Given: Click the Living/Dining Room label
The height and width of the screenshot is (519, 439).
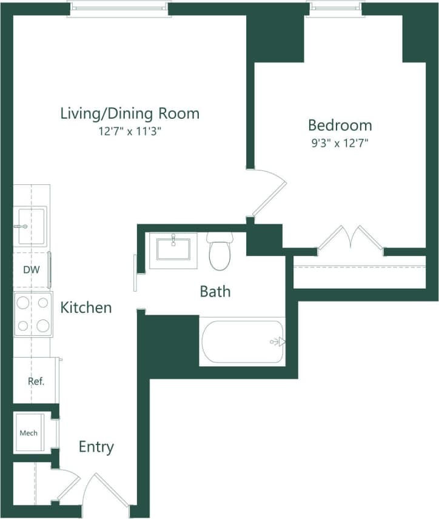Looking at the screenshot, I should point(130,113).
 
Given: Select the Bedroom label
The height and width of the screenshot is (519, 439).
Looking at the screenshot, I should point(340,126).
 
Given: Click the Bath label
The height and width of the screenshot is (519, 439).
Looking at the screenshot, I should point(215,292).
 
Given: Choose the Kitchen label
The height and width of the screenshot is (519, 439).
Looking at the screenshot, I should point(86,307).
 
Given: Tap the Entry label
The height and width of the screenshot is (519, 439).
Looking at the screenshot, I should point(96,447).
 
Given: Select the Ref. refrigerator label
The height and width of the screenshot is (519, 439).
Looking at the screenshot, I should point(36,381).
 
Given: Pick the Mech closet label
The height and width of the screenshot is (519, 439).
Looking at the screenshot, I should point(28,433).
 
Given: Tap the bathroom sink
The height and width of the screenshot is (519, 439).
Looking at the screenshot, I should point(173,249).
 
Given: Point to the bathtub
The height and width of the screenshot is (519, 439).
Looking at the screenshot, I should point(242,342).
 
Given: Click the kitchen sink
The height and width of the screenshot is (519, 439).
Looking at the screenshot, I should point(30,226).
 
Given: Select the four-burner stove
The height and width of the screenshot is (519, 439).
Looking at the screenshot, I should point(33,314).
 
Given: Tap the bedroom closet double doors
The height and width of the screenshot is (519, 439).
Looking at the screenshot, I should point(350,238).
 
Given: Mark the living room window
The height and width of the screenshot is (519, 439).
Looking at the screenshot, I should point(118,8).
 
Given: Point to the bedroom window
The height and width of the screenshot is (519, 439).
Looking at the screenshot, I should point(337,8).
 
